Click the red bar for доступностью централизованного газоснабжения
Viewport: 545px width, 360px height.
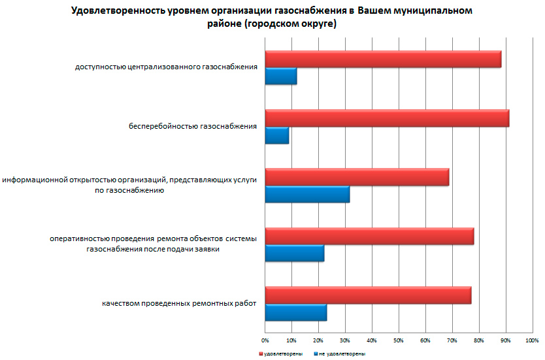coord(383,59)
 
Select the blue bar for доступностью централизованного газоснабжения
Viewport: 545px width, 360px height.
coord(281,76)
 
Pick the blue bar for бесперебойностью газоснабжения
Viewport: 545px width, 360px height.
coord(277,135)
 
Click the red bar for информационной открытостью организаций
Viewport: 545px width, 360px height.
coord(357,177)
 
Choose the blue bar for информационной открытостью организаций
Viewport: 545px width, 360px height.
coord(307,194)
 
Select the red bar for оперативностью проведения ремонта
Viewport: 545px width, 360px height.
coord(369,236)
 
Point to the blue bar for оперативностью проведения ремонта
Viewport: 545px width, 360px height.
coord(295,253)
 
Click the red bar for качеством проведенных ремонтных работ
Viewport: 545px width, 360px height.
coord(368,295)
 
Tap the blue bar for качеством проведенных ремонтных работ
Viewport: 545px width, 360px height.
coord(296,312)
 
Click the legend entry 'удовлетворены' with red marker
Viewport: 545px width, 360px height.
coord(282,353)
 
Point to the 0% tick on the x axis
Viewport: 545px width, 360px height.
coord(265,340)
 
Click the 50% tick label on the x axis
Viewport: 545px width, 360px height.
coord(399,340)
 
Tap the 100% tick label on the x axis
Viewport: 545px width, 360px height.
coord(531,340)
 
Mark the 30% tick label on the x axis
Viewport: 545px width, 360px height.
coord(345,340)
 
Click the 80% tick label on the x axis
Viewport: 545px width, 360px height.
coord(478,340)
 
